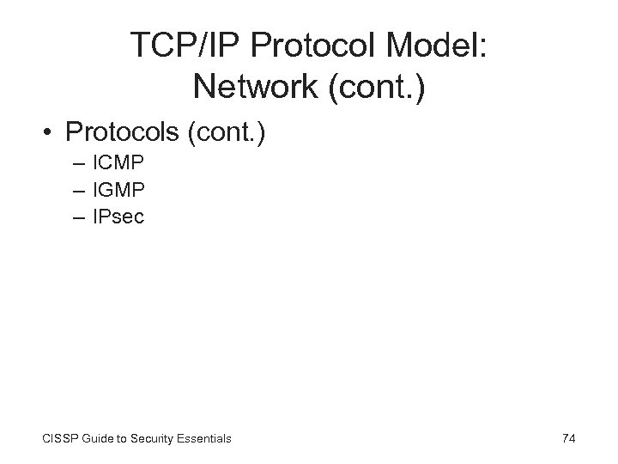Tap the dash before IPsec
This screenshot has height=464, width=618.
[80, 217]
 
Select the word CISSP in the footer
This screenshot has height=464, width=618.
[58, 439]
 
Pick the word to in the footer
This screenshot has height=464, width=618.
[125, 439]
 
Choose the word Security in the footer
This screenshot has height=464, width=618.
[156, 439]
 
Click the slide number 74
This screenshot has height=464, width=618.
[568, 438]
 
